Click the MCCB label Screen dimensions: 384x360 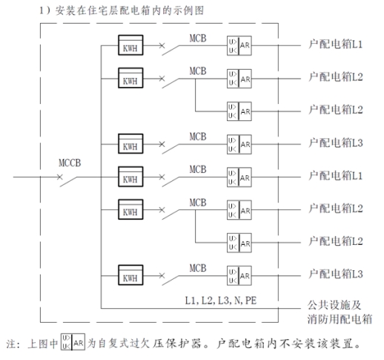pyautogui.click(x=70, y=163)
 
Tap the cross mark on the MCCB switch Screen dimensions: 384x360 pyautogui.click(x=60, y=177)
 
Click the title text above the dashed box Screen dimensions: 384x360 pyautogui.click(x=122, y=10)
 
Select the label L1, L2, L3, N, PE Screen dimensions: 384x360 pyautogui.click(x=221, y=301)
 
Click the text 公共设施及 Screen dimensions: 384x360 pyautogui.click(x=334, y=305)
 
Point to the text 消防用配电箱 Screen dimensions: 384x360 pyautogui.click(x=340, y=319)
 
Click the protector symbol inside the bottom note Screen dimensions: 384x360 pyautogui.click(x=73, y=342)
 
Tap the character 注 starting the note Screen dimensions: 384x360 pyautogui.click(x=12, y=344)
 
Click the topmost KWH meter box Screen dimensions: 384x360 pyautogui.click(x=130, y=45)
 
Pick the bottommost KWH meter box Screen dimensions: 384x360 pyautogui.click(x=130, y=275)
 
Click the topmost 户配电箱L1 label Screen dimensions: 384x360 pyautogui.click(x=335, y=45)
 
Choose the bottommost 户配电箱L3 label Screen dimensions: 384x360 pyautogui.click(x=336, y=274)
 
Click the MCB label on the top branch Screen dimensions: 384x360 pyautogui.click(x=198, y=39)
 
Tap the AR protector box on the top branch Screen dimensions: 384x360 pyautogui.click(x=239, y=45)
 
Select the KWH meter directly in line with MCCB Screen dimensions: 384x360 pyautogui.click(x=130, y=177)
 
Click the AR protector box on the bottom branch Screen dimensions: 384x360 pyautogui.click(x=239, y=275)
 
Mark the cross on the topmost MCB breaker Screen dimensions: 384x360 pyautogui.click(x=162, y=45)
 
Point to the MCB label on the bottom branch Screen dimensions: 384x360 pyautogui.click(x=198, y=268)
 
